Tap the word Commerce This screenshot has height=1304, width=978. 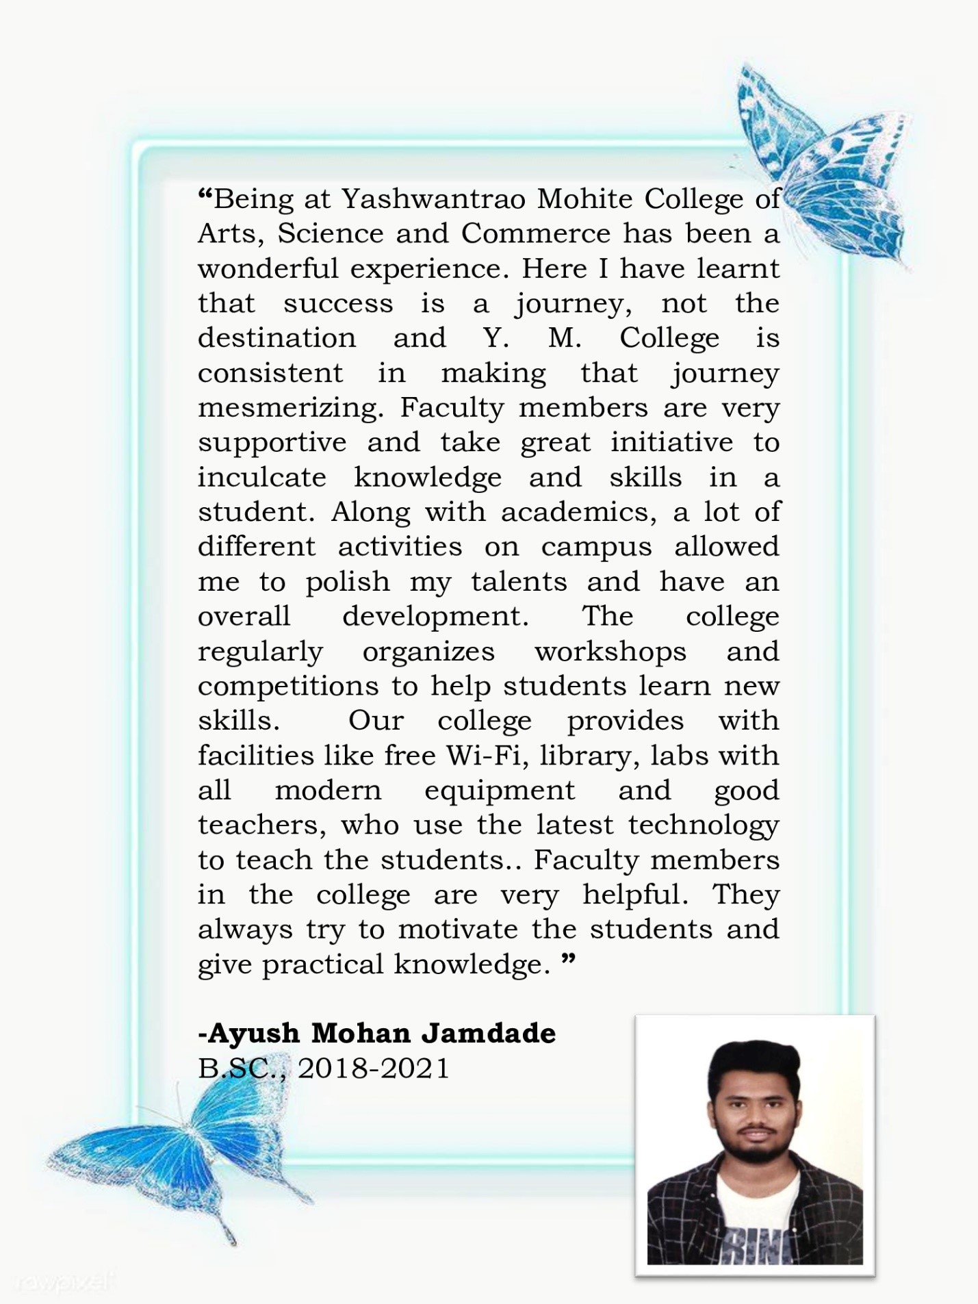[535, 234]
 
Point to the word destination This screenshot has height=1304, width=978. [277, 338]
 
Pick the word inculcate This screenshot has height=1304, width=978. [262, 477]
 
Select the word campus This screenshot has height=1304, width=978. [596, 548]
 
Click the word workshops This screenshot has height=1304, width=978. [610, 652]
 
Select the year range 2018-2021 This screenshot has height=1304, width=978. [374, 1068]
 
